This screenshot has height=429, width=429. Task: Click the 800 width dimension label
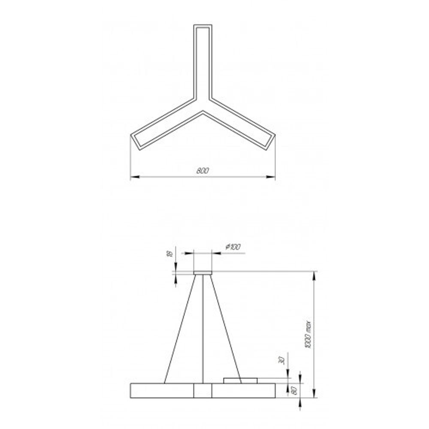click(x=202, y=170)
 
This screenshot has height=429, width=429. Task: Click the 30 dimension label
click(x=281, y=360)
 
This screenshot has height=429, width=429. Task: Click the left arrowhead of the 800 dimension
click(x=133, y=176)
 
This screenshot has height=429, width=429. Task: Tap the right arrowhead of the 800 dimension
click(x=272, y=176)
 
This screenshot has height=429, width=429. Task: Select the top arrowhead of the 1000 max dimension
click(x=315, y=275)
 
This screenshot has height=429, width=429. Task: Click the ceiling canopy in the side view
click(x=202, y=272)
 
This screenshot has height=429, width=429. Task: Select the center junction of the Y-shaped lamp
click(x=202, y=105)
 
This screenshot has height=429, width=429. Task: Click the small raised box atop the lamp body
click(x=240, y=380)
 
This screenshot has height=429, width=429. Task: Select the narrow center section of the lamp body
click(x=202, y=390)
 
